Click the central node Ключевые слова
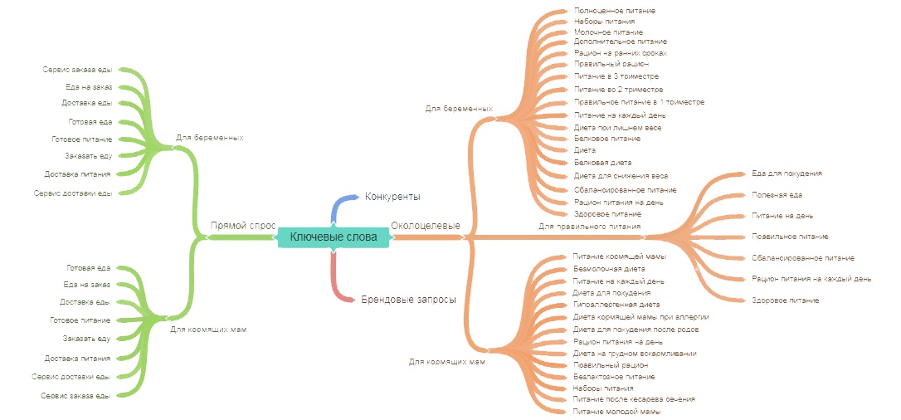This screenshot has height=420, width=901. click(x=333, y=237)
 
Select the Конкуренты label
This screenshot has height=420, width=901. click(x=392, y=197)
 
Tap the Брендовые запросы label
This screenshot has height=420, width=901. click(x=407, y=299)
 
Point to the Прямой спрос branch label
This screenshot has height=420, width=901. click(x=242, y=225)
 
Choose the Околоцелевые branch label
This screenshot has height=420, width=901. click(x=425, y=225)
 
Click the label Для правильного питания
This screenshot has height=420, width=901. click(x=589, y=226)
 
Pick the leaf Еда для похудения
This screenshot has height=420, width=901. click(x=787, y=173)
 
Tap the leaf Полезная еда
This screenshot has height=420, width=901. click(x=777, y=195)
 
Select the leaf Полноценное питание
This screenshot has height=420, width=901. click(x=614, y=11)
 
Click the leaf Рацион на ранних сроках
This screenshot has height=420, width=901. click(x=620, y=52)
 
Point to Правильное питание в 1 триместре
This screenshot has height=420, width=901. click(x=639, y=102)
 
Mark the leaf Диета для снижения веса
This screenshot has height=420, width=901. click(x=621, y=176)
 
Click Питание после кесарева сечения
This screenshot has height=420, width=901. click(x=634, y=399)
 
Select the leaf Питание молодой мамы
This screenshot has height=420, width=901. click(x=616, y=412)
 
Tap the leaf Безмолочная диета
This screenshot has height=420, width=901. click(x=608, y=269)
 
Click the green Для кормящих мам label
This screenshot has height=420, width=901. click(x=208, y=330)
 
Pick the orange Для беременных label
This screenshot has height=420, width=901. click(x=459, y=108)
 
